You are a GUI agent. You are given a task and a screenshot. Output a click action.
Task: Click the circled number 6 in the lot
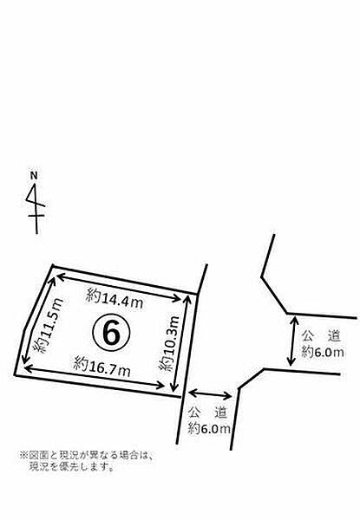coord(111,332)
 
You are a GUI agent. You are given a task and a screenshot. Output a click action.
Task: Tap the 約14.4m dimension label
coord(115,298)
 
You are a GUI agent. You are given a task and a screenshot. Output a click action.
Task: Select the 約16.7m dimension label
coord(102,367)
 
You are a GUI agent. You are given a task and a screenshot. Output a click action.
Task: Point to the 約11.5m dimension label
coord(49,326)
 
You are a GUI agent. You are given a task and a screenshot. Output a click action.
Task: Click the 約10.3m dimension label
coord(169,343)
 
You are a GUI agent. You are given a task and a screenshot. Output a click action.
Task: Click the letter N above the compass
coord(34,176)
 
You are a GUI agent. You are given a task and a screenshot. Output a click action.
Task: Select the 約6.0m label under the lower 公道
coord(209,428)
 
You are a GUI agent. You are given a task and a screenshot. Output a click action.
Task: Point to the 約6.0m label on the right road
coord(323,352)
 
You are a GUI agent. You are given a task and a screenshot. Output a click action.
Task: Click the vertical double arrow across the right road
coord(292,341)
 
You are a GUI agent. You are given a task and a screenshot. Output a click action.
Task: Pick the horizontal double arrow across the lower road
coord(210,394)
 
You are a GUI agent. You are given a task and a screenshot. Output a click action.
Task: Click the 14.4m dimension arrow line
coord(119,288)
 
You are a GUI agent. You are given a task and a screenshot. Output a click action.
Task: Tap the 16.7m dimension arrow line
coord(95,376)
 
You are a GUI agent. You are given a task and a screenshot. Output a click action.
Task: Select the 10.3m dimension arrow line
coord(180,344)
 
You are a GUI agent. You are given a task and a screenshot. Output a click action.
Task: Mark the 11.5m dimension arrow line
coord(37,321)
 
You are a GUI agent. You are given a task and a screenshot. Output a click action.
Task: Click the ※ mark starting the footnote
coord(24,455)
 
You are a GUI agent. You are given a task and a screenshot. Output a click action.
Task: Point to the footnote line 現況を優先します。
coord(72,467)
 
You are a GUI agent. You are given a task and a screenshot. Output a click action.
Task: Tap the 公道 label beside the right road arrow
coord(321,336)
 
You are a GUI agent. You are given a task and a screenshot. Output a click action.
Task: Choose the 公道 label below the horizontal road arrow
coord(207,413)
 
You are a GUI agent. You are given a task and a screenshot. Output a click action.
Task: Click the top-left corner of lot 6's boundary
coord(52,266)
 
